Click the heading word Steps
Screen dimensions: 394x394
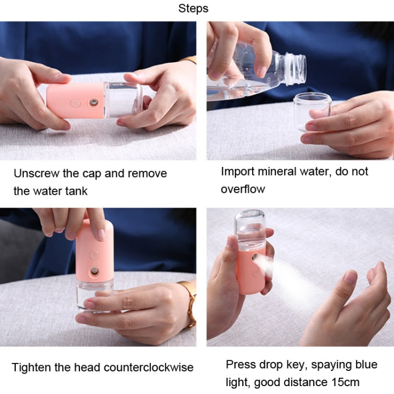click(x=193, y=8)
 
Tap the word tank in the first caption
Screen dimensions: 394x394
click(x=75, y=191)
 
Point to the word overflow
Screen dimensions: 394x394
click(x=243, y=189)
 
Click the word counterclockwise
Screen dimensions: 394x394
click(x=138, y=367)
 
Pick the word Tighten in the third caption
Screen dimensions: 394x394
click(x=32, y=367)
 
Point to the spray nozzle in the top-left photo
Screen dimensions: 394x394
click(x=94, y=101)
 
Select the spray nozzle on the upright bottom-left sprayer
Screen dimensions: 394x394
click(x=94, y=271)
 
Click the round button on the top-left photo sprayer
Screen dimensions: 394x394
click(x=76, y=103)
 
